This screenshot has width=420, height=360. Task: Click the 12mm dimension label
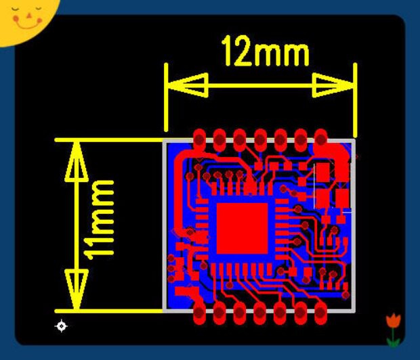(x=265, y=52)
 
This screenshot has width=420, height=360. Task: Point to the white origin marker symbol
(x=61, y=326)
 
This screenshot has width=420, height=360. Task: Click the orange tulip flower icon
(x=393, y=319)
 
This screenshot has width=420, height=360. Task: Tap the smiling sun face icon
(x=24, y=17)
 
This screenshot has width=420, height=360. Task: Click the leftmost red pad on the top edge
(x=199, y=139)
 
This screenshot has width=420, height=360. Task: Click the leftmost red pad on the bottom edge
(x=199, y=313)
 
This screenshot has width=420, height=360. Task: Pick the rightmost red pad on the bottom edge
(x=320, y=313)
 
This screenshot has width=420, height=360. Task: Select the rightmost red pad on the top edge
(x=320, y=139)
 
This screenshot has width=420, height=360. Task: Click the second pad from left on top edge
(x=219, y=139)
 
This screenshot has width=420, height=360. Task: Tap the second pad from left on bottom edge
(x=219, y=313)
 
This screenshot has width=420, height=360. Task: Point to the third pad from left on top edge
(x=239, y=139)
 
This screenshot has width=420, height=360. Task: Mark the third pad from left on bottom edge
(x=239, y=313)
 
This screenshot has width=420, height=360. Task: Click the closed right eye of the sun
(x=35, y=9)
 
